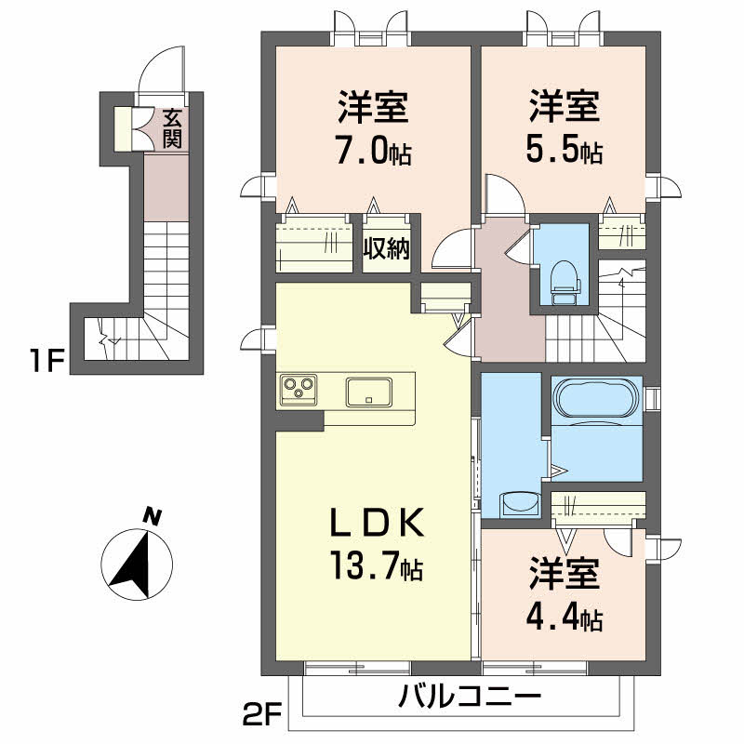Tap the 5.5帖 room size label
[x=565, y=151]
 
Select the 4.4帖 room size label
[x=565, y=617]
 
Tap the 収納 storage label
[x=386, y=249]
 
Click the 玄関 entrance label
[x=171, y=129]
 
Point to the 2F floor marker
[x=262, y=717]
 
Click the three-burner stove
[x=299, y=389]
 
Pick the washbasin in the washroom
[x=520, y=503]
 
